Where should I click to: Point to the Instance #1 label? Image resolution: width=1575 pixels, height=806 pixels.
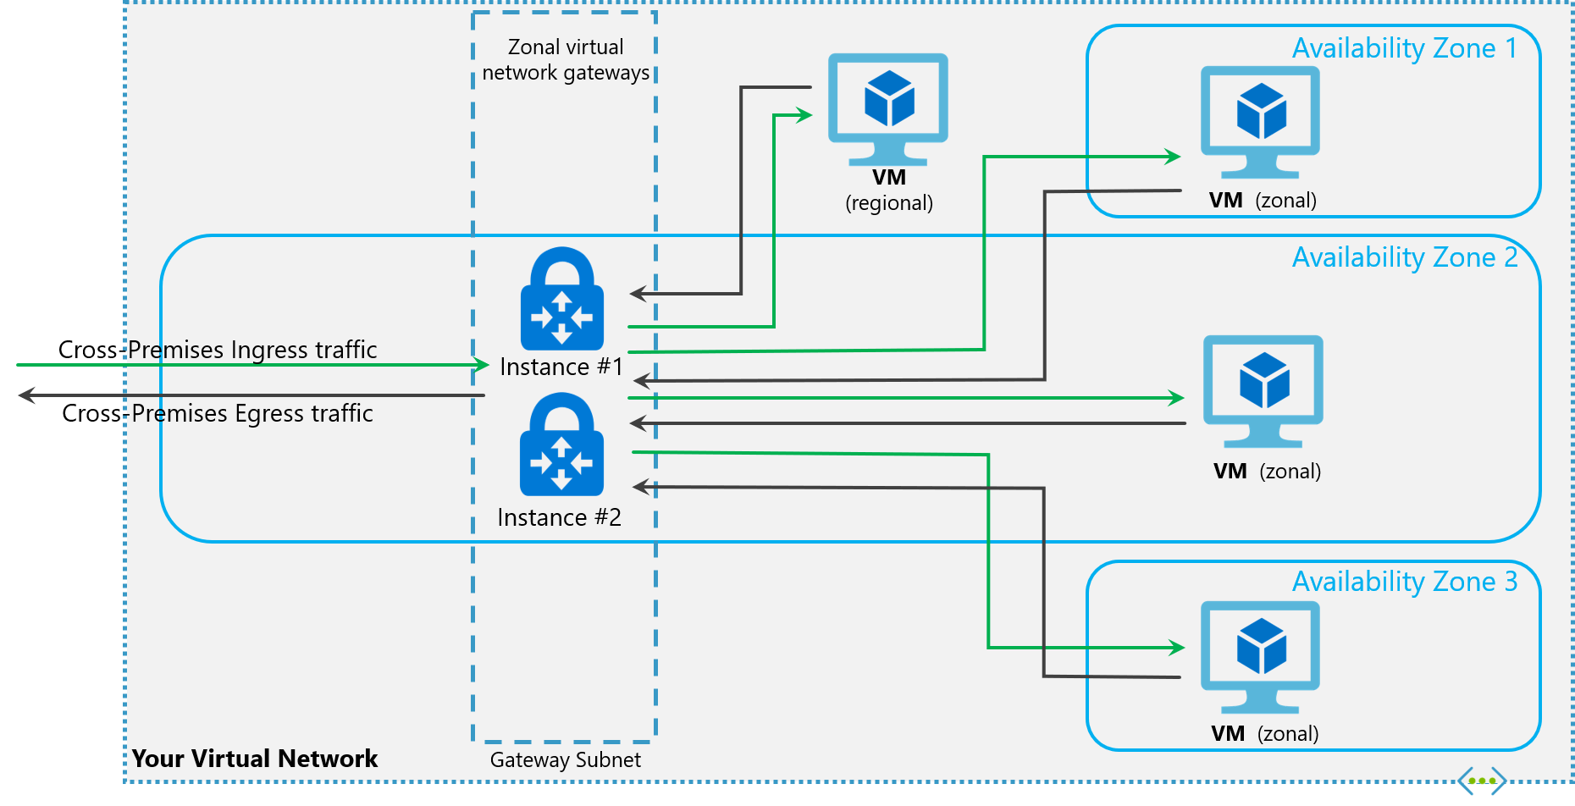click(x=561, y=367)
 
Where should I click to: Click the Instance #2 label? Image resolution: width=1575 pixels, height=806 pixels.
click(x=559, y=517)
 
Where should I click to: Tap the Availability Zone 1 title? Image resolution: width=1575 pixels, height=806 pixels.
click(x=1404, y=48)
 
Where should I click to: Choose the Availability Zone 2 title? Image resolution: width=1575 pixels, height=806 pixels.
click(x=1404, y=257)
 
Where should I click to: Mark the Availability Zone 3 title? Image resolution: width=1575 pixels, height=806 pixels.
click(x=1404, y=582)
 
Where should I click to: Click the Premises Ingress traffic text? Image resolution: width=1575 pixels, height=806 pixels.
click(x=252, y=350)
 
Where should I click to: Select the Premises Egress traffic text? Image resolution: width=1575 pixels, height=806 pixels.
click(x=252, y=413)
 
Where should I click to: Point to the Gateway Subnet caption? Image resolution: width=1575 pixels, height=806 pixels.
click(x=565, y=760)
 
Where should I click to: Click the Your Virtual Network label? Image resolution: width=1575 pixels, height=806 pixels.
click(x=254, y=759)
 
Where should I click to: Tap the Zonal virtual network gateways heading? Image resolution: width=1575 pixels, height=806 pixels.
click(x=566, y=59)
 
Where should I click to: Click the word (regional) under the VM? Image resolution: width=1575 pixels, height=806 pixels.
click(x=889, y=203)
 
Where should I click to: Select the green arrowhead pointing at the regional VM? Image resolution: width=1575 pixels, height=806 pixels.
click(x=804, y=115)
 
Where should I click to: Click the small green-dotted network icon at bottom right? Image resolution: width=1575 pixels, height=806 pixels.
click(x=1481, y=781)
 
